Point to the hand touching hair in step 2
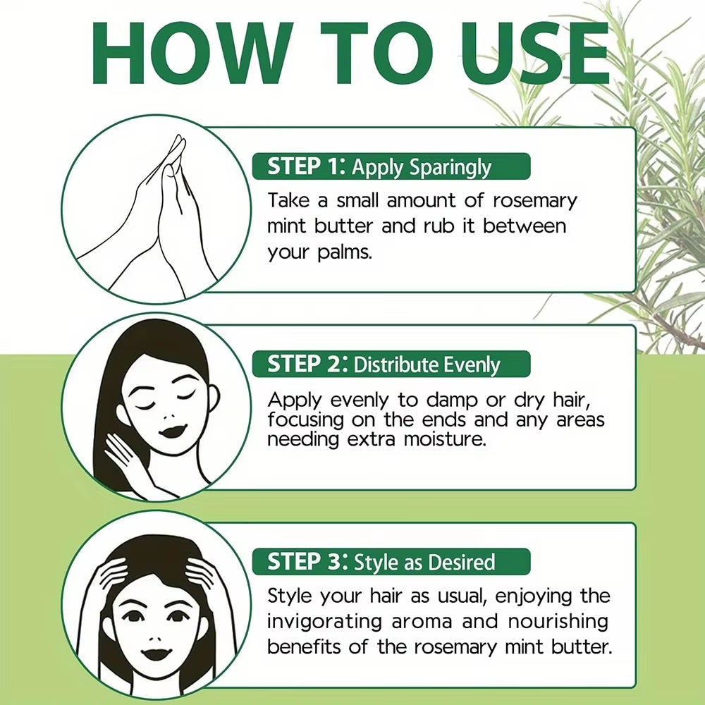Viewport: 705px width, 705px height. coord(127,458)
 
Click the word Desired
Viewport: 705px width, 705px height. coord(461,562)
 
